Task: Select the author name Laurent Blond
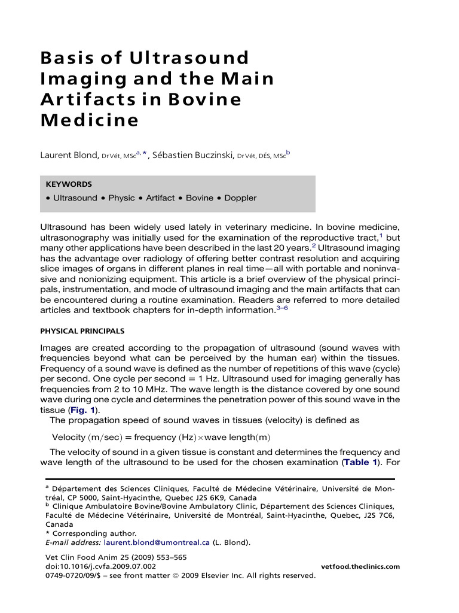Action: (68, 156)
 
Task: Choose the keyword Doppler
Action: (240, 198)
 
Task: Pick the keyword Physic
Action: (121, 198)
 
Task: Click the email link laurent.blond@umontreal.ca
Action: (157, 543)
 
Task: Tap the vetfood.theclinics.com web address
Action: (360, 566)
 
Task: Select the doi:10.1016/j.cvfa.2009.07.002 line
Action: (101, 566)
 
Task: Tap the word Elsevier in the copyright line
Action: (222, 576)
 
